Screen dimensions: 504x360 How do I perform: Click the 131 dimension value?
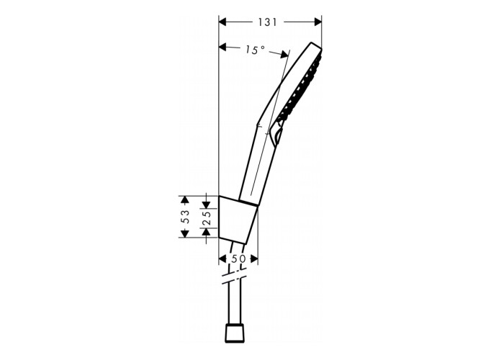[x=267, y=22]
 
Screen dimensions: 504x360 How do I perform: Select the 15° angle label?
[x=255, y=50]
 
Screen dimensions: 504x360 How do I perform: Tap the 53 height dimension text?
[x=185, y=217]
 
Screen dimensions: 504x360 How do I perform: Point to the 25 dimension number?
[x=207, y=218]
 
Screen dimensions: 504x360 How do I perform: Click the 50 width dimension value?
[x=238, y=258]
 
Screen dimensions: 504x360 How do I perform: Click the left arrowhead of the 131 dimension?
[x=222, y=22]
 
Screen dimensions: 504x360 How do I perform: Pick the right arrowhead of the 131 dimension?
[x=318, y=22]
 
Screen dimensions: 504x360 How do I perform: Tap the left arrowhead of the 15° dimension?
[x=222, y=48]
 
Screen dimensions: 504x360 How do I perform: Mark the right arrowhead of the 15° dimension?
[x=284, y=54]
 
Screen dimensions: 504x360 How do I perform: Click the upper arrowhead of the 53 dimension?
[x=184, y=199]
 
